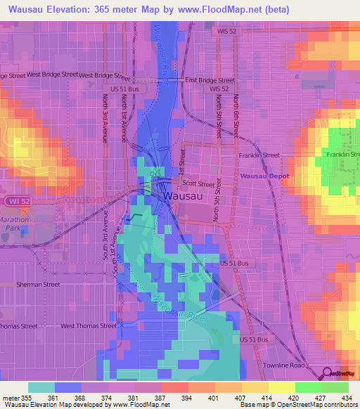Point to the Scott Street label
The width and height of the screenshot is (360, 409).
coord(198,184)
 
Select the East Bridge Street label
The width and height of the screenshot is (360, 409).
coord(210,80)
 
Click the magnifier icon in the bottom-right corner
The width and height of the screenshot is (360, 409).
coord(328,374)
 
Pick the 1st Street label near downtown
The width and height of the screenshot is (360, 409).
coord(182,162)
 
